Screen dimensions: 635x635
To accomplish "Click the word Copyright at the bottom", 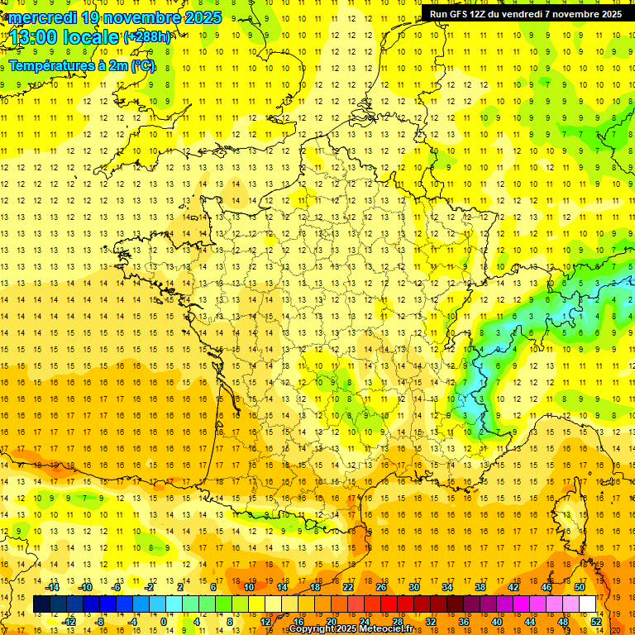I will [x=310, y=629].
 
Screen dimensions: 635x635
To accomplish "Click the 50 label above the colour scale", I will [x=580, y=587].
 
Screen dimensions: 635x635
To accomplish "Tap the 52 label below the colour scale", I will [x=596, y=621].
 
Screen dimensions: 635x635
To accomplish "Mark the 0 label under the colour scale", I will [x=163, y=621].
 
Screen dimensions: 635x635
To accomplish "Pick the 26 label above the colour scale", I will [x=381, y=587].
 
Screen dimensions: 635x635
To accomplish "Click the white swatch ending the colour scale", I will [x=588, y=604].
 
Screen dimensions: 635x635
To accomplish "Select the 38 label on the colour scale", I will [x=480, y=587].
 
